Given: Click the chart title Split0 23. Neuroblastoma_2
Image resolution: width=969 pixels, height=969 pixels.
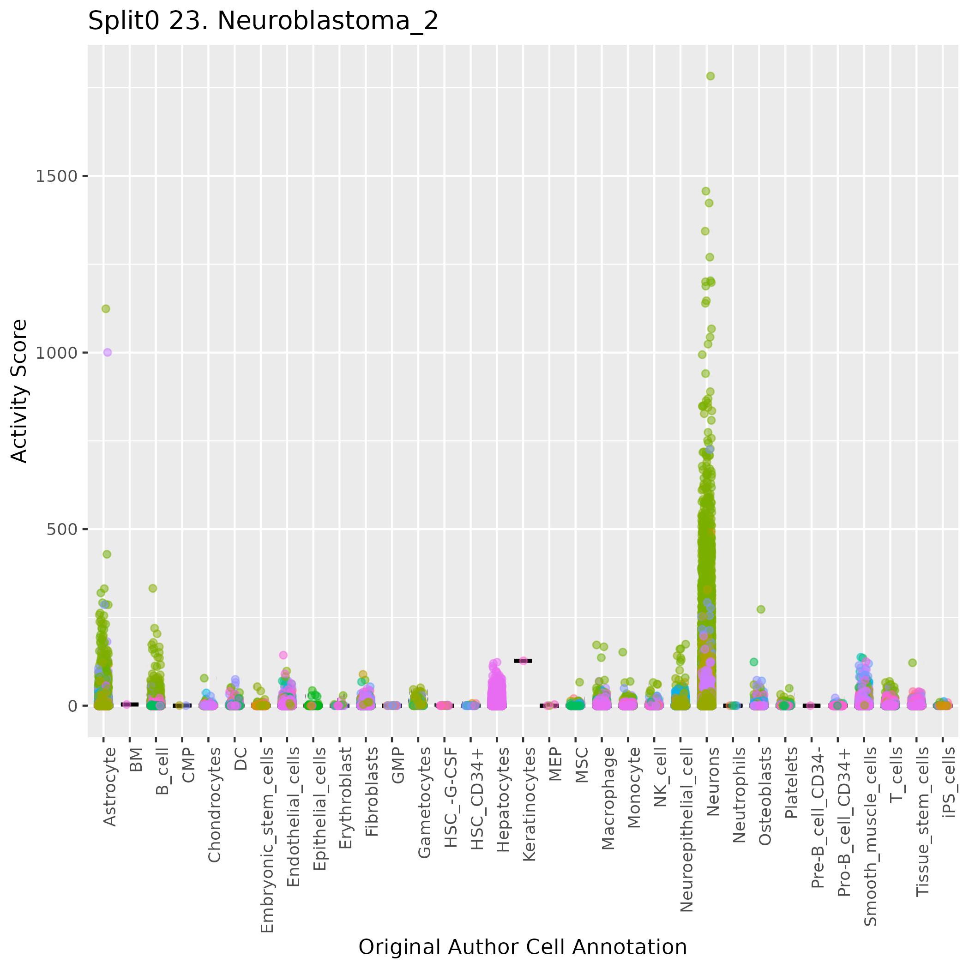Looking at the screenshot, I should (263, 22).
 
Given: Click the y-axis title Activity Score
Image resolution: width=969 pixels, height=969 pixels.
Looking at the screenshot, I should (19, 391).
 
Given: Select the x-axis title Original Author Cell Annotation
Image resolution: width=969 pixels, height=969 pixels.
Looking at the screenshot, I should (522, 947).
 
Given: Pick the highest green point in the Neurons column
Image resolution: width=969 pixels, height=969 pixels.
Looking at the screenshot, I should (710, 76).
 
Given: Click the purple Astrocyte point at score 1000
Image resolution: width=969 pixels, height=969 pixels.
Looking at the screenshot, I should (107, 352).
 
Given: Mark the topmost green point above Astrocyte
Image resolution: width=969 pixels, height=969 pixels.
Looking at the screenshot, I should (106, 308).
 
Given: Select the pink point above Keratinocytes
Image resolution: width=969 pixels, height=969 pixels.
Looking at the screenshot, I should (523, 661).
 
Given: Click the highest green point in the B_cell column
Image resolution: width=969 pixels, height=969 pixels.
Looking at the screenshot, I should (153, 588).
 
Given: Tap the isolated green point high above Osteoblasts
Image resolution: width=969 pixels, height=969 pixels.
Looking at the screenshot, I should (761, 609).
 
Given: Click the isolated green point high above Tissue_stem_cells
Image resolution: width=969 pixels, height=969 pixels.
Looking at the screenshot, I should (912, 662).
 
